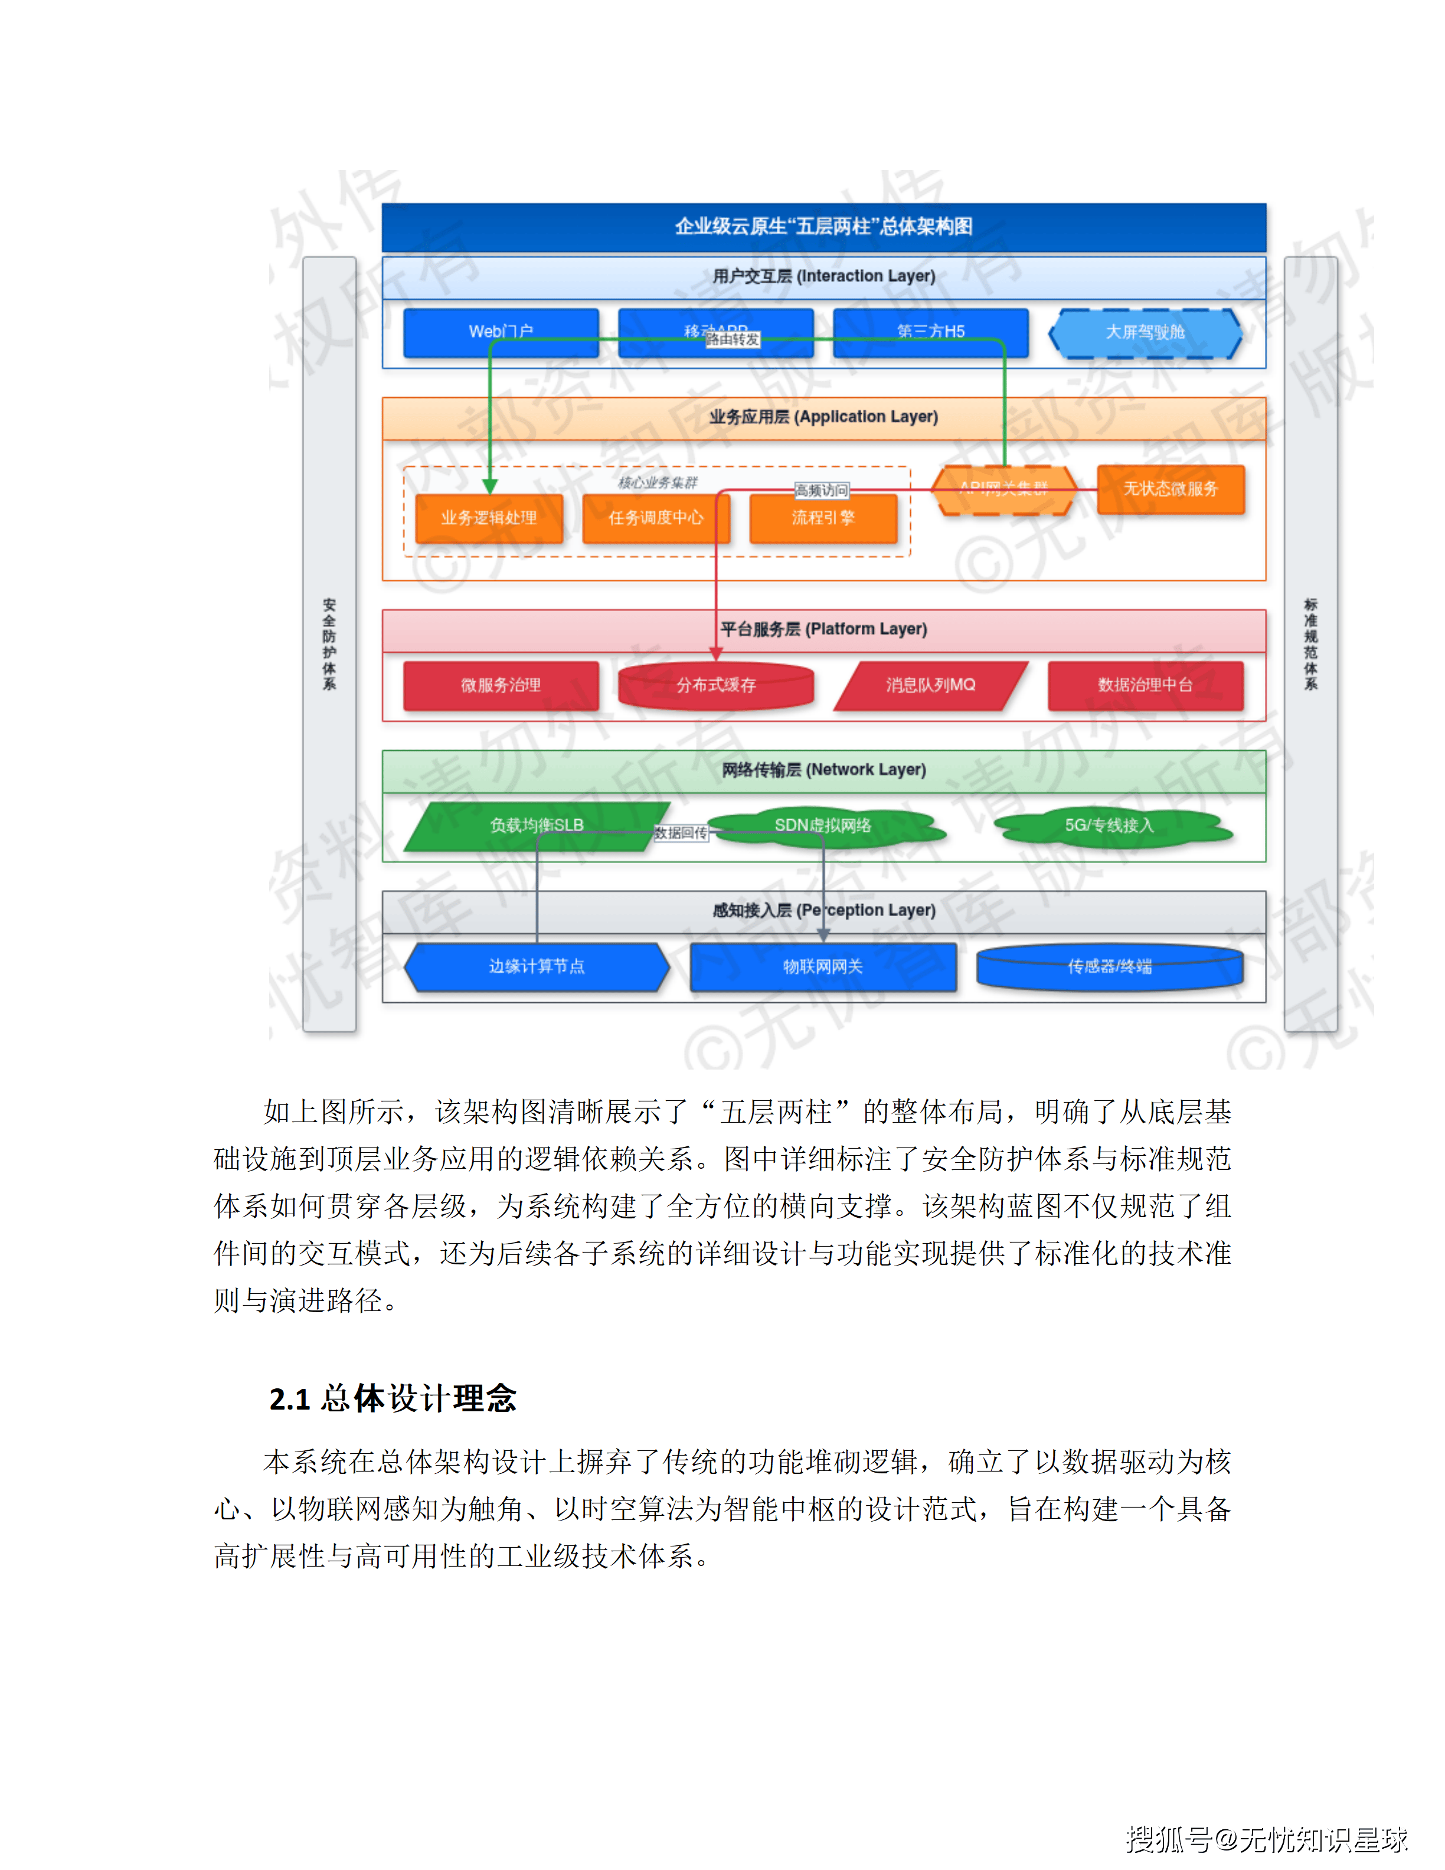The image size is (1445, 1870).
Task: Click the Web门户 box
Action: (501, 332)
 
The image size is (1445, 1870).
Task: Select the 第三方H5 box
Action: (930, 332)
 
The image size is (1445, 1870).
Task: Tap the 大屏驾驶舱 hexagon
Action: (1145, 332)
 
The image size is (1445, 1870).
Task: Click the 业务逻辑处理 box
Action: (489, 518)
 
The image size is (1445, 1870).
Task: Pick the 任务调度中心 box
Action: (656, 518)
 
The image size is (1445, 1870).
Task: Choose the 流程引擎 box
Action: (823, 518)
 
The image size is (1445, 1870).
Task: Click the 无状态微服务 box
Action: (1170, 489)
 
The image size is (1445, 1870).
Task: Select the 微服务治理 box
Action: (501, 685)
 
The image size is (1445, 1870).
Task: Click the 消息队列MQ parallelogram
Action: (930, 685)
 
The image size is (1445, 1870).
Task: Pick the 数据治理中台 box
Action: (1145, 685)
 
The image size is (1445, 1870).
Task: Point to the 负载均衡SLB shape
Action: (537, 825)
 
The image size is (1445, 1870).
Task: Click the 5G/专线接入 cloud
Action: (1110, 825)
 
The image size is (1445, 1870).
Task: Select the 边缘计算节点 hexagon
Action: (537, 967)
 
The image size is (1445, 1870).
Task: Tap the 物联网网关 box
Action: (823, 967)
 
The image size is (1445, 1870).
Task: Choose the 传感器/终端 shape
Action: (1110, 967)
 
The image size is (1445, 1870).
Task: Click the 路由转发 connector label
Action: (733, 340)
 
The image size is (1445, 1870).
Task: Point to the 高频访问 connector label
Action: (821, 491)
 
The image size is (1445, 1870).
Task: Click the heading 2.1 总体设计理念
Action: (393, 1398)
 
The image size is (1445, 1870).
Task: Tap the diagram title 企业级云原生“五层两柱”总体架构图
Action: (823, 227)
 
